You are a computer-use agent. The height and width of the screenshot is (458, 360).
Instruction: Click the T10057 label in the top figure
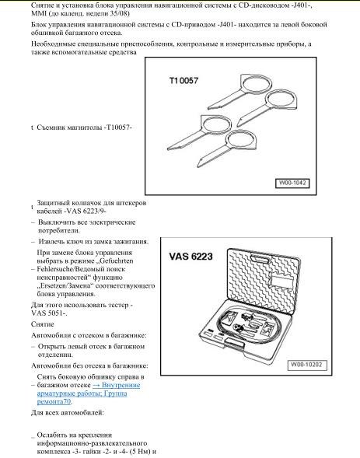[184, 80]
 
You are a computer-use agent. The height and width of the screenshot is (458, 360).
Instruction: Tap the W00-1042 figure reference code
[290, 184]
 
